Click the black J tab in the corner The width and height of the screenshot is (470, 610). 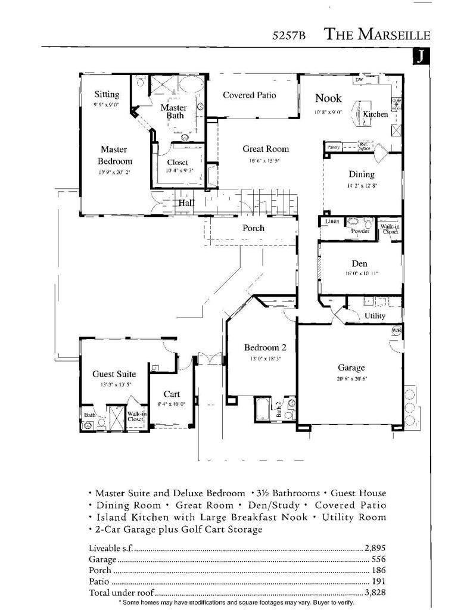point(421,57)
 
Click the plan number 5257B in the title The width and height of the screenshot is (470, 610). point(289,35)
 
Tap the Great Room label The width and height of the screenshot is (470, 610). point(266,149)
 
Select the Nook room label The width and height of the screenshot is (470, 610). point(328,98)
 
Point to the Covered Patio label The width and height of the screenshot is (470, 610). point(250,95)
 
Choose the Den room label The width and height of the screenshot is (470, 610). point(359,263)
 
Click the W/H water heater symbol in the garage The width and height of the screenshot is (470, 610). point(396,331)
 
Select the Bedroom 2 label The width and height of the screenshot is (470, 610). point(266,348)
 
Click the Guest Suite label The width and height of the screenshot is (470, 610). point(114,374)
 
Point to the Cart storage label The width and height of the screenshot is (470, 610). point(172,394)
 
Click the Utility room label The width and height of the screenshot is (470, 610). point(375,316)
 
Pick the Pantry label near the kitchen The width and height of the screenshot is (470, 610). point(333,146)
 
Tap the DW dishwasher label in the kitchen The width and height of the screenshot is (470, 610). point(359,80)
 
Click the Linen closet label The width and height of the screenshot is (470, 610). point(331,222)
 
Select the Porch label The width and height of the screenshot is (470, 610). point(253,228)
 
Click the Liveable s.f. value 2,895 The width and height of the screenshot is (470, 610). point(375,547)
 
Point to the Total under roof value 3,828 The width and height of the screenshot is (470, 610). point(375,593)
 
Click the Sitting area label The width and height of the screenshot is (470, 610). point(107,94)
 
